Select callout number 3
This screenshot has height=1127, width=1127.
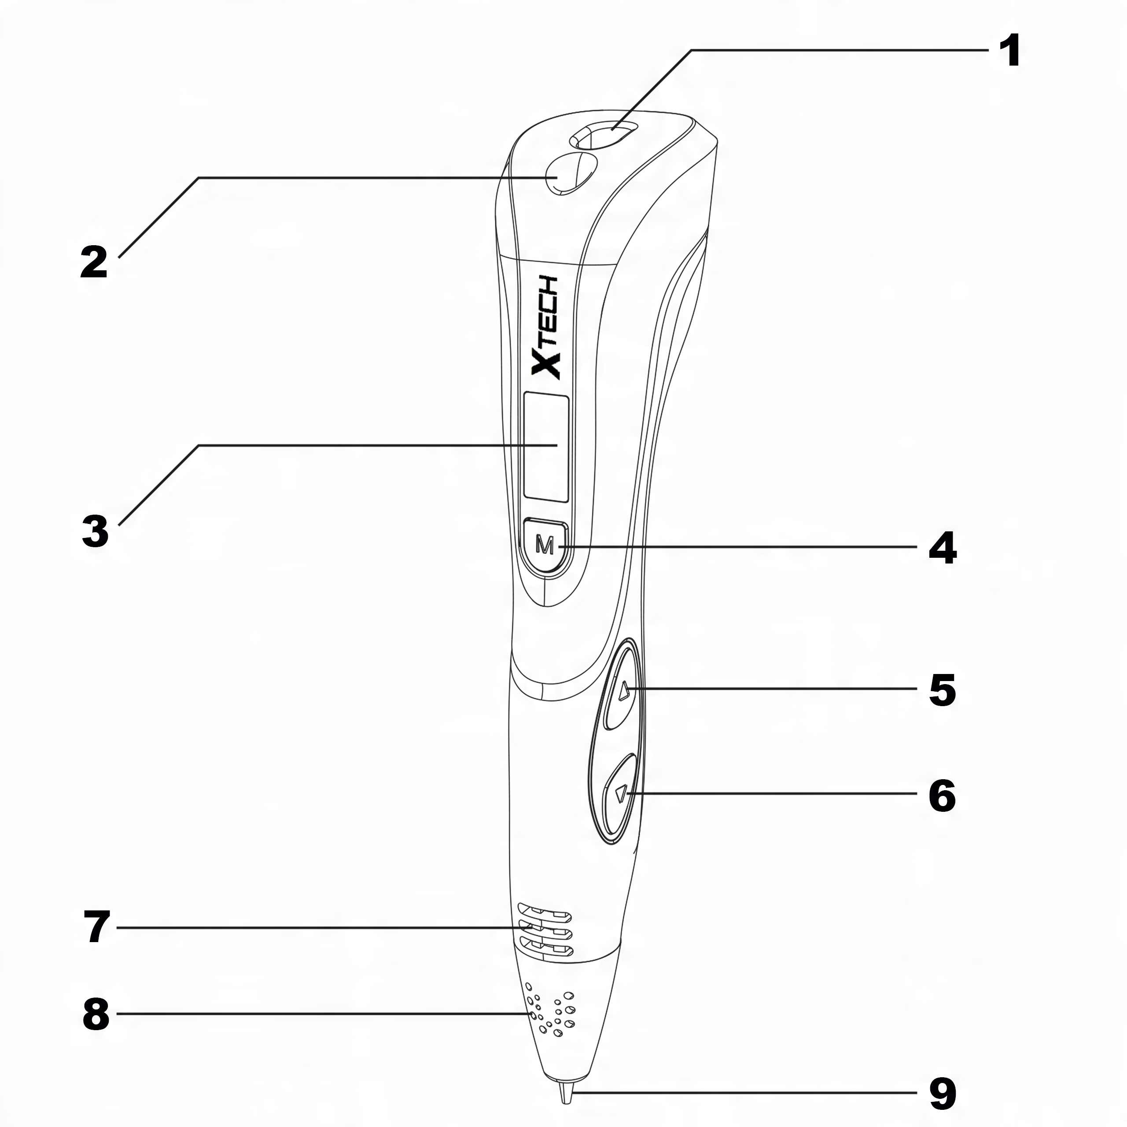point(95,531)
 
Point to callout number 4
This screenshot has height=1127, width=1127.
point(942,549)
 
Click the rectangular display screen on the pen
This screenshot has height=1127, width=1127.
point(546,447)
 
